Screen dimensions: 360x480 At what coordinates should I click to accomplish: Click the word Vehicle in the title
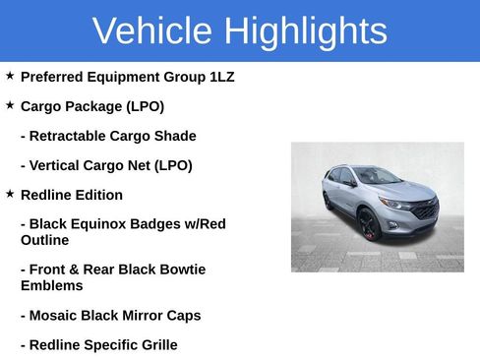pos(151,31)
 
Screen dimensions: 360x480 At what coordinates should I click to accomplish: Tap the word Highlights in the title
pos(305,31)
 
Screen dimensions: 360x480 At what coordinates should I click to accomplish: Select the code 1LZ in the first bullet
pos(221,77)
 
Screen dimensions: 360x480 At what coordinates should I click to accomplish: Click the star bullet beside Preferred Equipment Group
pos(10,76)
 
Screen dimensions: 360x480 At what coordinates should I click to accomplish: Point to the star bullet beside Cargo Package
pos(10,105)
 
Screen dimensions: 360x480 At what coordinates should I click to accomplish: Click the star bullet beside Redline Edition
pos(10,194)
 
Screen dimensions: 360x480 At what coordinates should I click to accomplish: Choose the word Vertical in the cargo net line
pos(57,165)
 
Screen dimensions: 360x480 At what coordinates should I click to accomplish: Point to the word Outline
pos(44,240)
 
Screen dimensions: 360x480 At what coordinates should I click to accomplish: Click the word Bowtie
pos(180,270)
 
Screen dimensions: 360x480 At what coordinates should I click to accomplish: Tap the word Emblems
pos(50,285)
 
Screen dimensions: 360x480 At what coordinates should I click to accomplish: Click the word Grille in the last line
pos(154,345)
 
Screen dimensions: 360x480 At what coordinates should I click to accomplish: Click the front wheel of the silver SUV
pos(369,225)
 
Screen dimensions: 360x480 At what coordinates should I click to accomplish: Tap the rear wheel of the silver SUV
pos(329,202)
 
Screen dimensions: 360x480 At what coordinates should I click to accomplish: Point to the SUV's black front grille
pos(425,210)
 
